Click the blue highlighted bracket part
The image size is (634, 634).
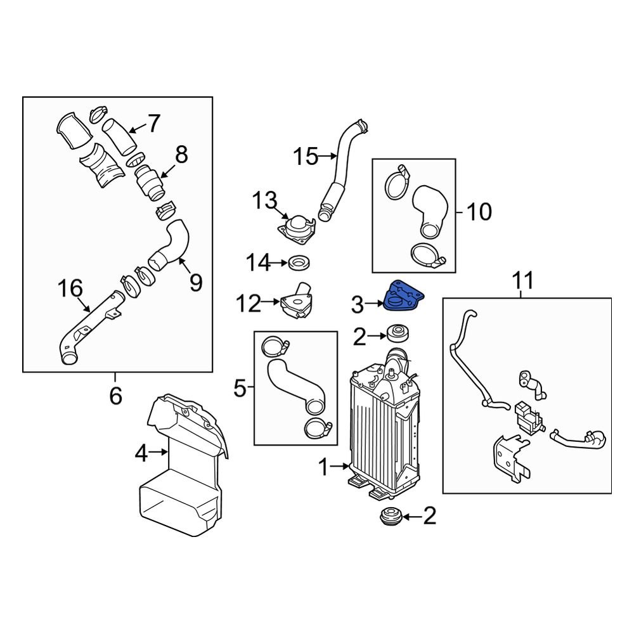(x=404, y=297)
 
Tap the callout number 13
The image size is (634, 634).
(x=264, y=202)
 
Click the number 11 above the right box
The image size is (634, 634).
(x=524, y=279)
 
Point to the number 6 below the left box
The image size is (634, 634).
(x=115, y=396)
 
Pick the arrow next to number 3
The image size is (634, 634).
(x=375, y=305)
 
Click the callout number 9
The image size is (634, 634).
(x=195, y=282)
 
